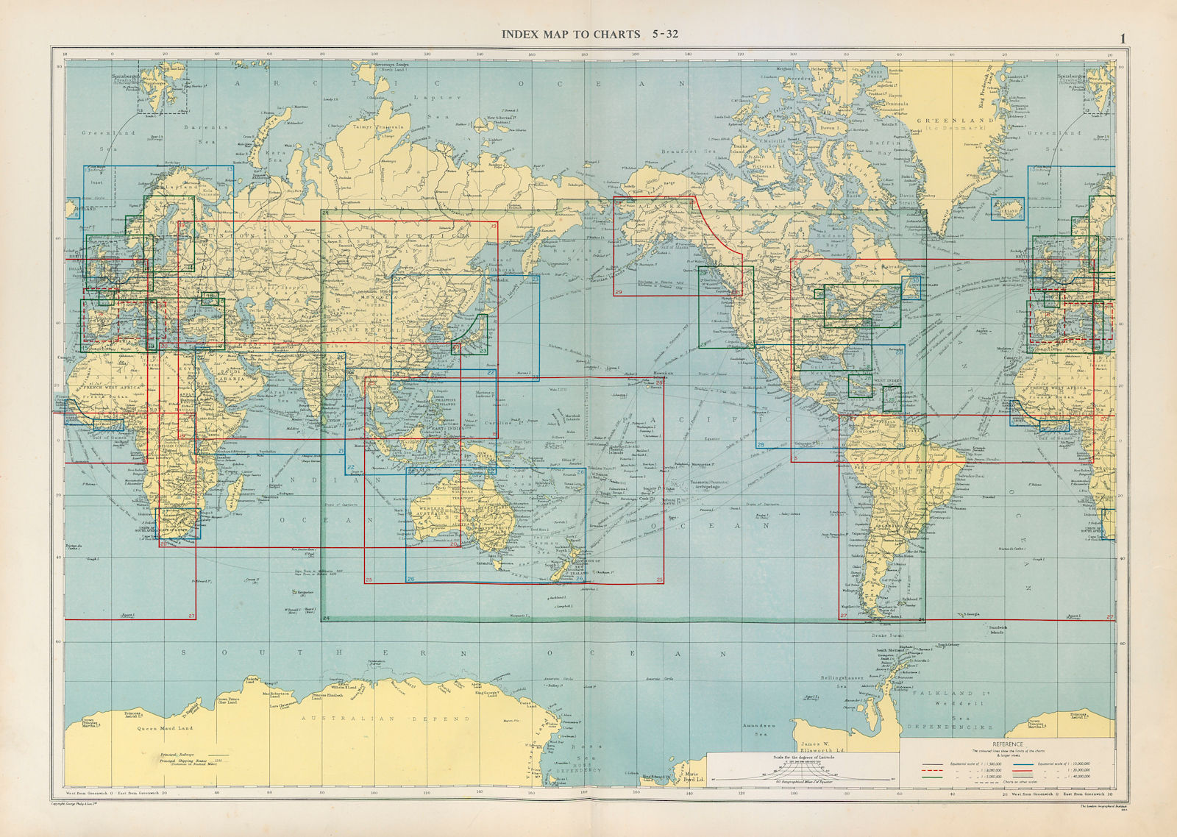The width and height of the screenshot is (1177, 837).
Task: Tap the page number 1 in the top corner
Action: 1123,38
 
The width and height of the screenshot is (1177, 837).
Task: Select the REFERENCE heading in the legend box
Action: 1008,744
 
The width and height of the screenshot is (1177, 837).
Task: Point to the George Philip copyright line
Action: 88,806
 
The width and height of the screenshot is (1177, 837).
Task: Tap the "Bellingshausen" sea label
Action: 844,677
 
